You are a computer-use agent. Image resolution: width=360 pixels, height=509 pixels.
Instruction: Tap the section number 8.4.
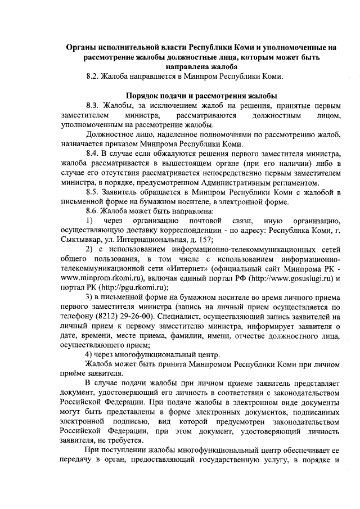pos(92,153)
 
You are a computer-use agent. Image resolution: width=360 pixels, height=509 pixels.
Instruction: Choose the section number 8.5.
pos(92,191)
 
